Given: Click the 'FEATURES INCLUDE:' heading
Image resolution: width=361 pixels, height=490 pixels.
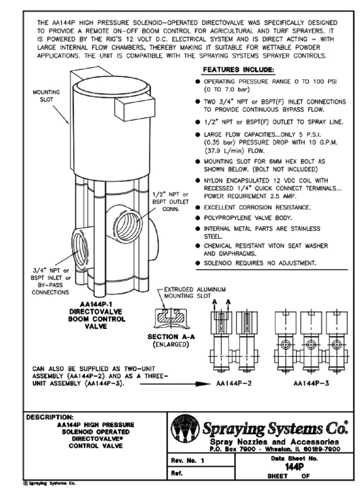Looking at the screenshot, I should point(238,70).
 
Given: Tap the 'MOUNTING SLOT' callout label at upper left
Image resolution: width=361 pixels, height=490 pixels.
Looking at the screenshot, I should point(46,96).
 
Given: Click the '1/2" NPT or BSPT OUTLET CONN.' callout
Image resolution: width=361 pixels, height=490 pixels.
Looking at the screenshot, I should point(170,201).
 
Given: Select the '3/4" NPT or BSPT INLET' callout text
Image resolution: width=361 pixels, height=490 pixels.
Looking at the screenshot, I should point(50,281).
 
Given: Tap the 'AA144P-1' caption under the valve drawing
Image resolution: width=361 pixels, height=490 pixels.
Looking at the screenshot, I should point(96,304).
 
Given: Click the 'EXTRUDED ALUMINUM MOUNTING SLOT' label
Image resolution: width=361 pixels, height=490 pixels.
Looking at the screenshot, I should point(195,292).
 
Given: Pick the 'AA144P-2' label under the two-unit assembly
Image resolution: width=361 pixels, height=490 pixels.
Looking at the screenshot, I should point(234,383).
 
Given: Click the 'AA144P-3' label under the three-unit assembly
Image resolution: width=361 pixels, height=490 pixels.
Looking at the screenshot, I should point(311,383).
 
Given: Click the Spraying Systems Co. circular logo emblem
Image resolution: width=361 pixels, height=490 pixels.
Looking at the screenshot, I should point(185,429).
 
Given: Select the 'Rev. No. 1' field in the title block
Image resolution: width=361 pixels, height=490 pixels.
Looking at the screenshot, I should point(187,460).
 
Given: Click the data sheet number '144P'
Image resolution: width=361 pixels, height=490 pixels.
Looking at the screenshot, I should point(294,467).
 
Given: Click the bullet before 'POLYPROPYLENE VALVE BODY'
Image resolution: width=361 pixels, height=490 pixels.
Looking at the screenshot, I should point(197,218).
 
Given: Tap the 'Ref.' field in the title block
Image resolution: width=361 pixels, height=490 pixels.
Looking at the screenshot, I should point(177,473).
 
